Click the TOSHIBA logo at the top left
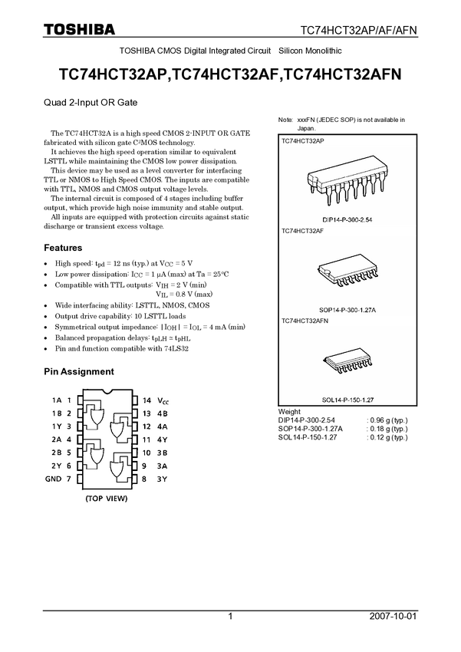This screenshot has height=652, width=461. coord(79,29)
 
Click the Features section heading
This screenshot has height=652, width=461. coord(63,248)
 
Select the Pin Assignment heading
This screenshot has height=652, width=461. coord(79,372)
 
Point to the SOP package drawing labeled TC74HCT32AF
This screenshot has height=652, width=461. coord(348,271)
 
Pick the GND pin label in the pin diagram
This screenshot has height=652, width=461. coord(53,479)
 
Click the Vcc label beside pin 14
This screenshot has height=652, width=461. coord(163,400)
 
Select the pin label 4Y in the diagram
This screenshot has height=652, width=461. coord(162,440)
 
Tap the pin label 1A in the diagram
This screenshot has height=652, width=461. coord(57,400)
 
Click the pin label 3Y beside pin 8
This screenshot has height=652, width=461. coord(162,479)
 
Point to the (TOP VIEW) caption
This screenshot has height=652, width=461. coord(107,498)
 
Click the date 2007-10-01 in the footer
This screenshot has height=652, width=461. coord(393,616)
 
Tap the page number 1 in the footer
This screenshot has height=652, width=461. coord(230,616)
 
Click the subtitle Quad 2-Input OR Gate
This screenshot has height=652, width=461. coord(91,103)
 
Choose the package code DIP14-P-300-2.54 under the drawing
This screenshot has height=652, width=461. coord(347,219)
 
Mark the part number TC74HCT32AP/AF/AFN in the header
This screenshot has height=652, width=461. coord(358,31)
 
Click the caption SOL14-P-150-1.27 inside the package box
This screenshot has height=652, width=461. coord(348,400)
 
